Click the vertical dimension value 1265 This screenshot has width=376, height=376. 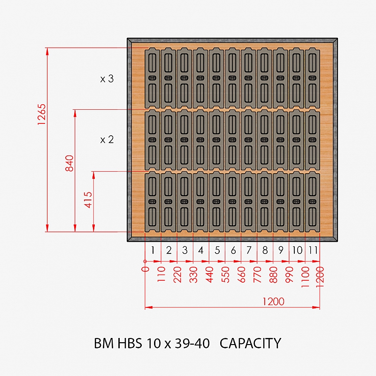click(x=41, y=114)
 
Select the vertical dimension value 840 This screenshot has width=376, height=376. click(x=69, y=163)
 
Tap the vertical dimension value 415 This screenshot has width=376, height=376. click(x=88, y=200)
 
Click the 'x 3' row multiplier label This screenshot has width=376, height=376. click(x=107, y=79)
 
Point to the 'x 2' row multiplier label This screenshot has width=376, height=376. click(x=107, y=139)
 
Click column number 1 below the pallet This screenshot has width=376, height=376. click(x=153, y=250)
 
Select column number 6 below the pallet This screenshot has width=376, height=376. click(x=233, y=250)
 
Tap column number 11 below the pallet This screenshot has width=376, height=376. click(x=313, y=250)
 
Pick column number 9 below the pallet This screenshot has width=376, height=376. click(x=281, y=250)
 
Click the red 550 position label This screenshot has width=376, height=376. click(x=226, y=275)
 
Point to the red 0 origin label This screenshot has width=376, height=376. click(x=146, y=269)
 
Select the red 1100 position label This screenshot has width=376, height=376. click(x=305, y=277)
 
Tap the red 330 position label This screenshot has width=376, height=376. click(x=193, y=275)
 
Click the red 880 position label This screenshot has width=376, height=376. click(x=274, y=275)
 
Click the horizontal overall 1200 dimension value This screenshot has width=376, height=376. click(x=273, y=301)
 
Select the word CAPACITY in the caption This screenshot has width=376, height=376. click(x=250, y=343)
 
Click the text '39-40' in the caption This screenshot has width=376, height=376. click(x=192, y=343)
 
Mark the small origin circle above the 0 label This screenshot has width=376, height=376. click(x=145, y=261)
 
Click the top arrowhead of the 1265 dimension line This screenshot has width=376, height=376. click(x=47, y=51)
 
